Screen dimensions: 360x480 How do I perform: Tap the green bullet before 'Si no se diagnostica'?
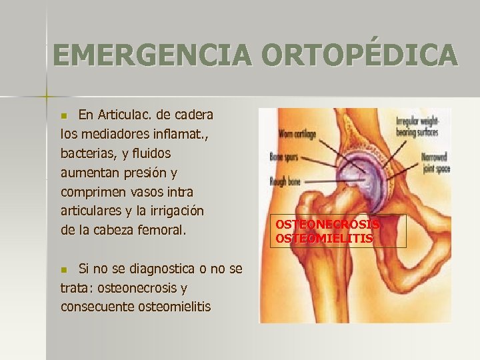click(64, 270)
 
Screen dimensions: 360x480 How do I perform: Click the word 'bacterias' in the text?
click(89, 153)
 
